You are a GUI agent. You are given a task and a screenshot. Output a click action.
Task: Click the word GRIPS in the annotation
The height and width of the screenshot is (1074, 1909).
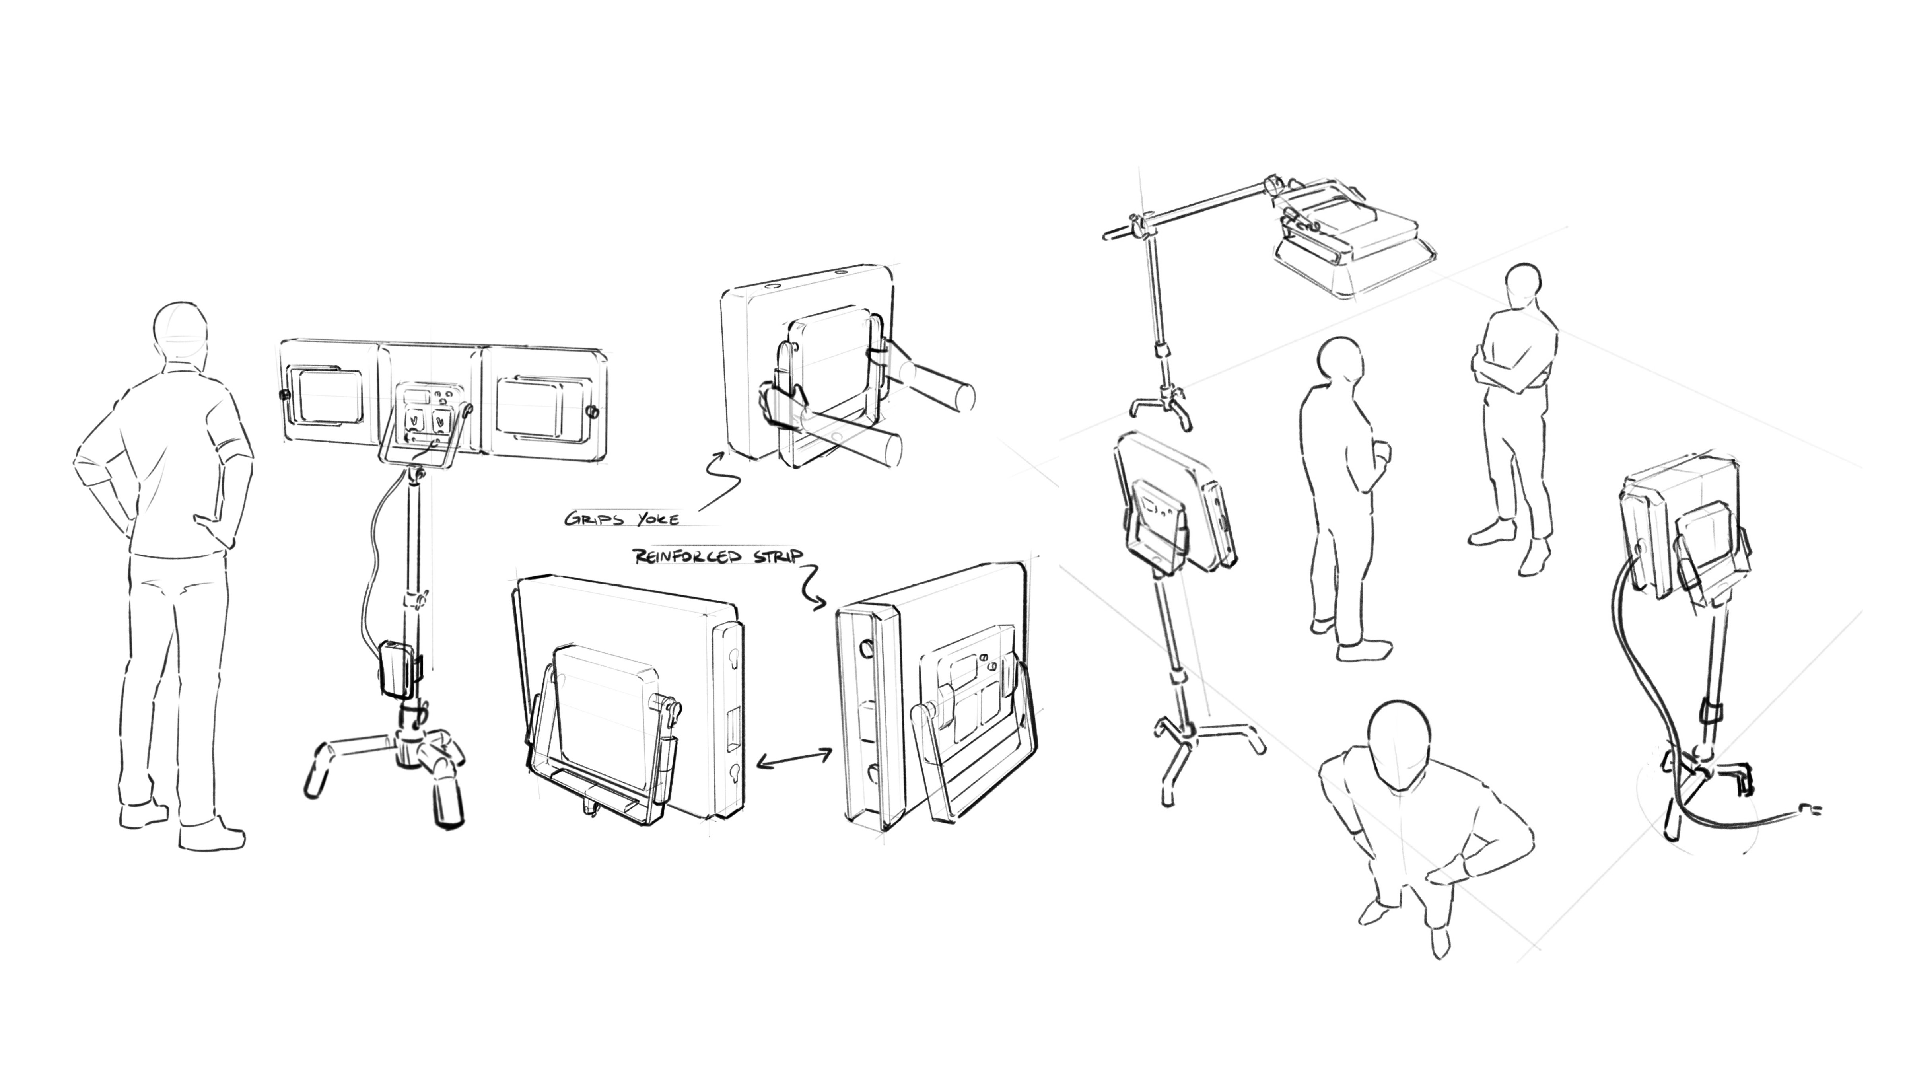click(594, 519)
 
